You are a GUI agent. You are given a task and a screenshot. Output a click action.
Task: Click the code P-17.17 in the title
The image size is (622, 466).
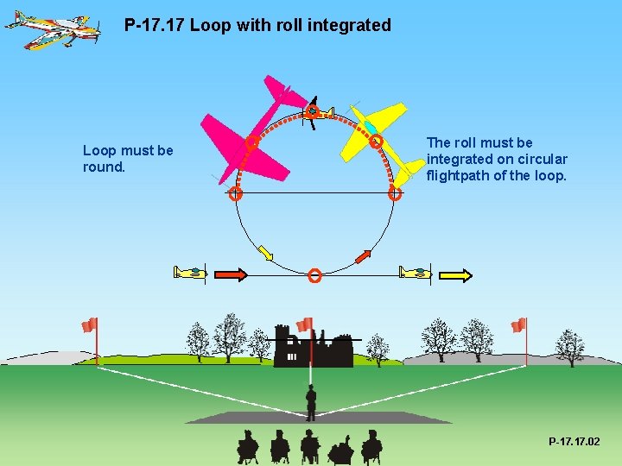point(153,26)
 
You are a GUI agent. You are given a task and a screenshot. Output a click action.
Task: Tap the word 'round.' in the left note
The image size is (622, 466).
point(105,167)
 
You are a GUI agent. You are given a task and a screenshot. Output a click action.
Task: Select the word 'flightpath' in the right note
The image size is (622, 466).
point(462,175)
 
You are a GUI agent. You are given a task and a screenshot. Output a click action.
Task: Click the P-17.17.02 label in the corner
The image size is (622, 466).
point(574,442)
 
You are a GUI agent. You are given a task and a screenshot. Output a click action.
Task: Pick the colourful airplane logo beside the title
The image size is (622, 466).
point(51,28)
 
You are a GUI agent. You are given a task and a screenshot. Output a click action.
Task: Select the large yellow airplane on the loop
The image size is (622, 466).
point(376,138)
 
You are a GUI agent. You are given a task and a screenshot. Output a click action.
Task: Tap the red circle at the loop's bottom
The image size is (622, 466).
point(314,275)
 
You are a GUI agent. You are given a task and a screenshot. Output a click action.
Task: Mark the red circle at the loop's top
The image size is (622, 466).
point(312,111)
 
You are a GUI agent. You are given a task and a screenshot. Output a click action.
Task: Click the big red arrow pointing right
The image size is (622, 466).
point(231,274)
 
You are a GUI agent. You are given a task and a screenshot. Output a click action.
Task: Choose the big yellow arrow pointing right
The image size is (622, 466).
point(455,275)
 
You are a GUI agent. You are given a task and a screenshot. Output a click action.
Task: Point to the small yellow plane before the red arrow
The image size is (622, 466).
point(190,273)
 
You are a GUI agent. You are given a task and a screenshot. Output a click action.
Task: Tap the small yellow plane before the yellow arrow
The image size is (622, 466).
point(415,273)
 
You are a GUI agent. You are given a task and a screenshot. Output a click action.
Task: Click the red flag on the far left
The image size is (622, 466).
point(89,325)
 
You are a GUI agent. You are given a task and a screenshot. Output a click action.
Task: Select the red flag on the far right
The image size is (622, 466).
point(518,325)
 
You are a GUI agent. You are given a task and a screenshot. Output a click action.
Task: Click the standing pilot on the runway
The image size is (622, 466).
point(311,402)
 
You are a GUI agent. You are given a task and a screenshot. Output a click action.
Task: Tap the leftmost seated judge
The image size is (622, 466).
point(248,446)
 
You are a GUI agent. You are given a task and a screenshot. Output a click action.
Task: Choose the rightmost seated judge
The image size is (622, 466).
point(371,446)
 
